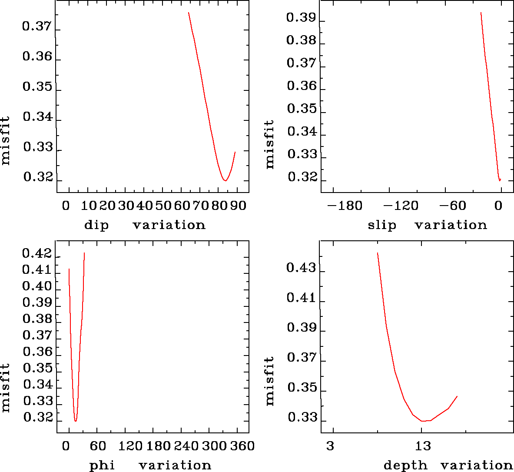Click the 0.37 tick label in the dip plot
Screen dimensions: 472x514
click(x=36, y=27)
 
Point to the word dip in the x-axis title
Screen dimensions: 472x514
click(x=96, y=225)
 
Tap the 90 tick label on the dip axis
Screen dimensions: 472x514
click(x=239, y=206)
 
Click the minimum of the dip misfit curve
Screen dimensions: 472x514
click(x=225, y=180)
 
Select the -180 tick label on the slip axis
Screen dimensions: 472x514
click(x=345, y=206)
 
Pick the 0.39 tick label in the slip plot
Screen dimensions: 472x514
click(x=301, y=18)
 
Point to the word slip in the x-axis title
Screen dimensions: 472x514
click(x=382, y=225)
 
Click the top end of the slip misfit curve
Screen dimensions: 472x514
click(x=481, y=13)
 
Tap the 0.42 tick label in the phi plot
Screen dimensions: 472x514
click(x=36, y=253)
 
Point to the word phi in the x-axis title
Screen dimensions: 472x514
click(x=102, y=465)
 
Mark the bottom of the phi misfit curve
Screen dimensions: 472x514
click(x=76, y=421)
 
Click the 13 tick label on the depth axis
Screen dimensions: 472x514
click(x=423, y=446)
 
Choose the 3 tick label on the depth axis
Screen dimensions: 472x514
click(x=331, y=446)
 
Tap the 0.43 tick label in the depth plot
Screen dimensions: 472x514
click(x=301, y=268)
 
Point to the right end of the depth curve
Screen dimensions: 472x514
click(x=457, y=396)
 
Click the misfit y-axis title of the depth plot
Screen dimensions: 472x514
click(x=270, y=381)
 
